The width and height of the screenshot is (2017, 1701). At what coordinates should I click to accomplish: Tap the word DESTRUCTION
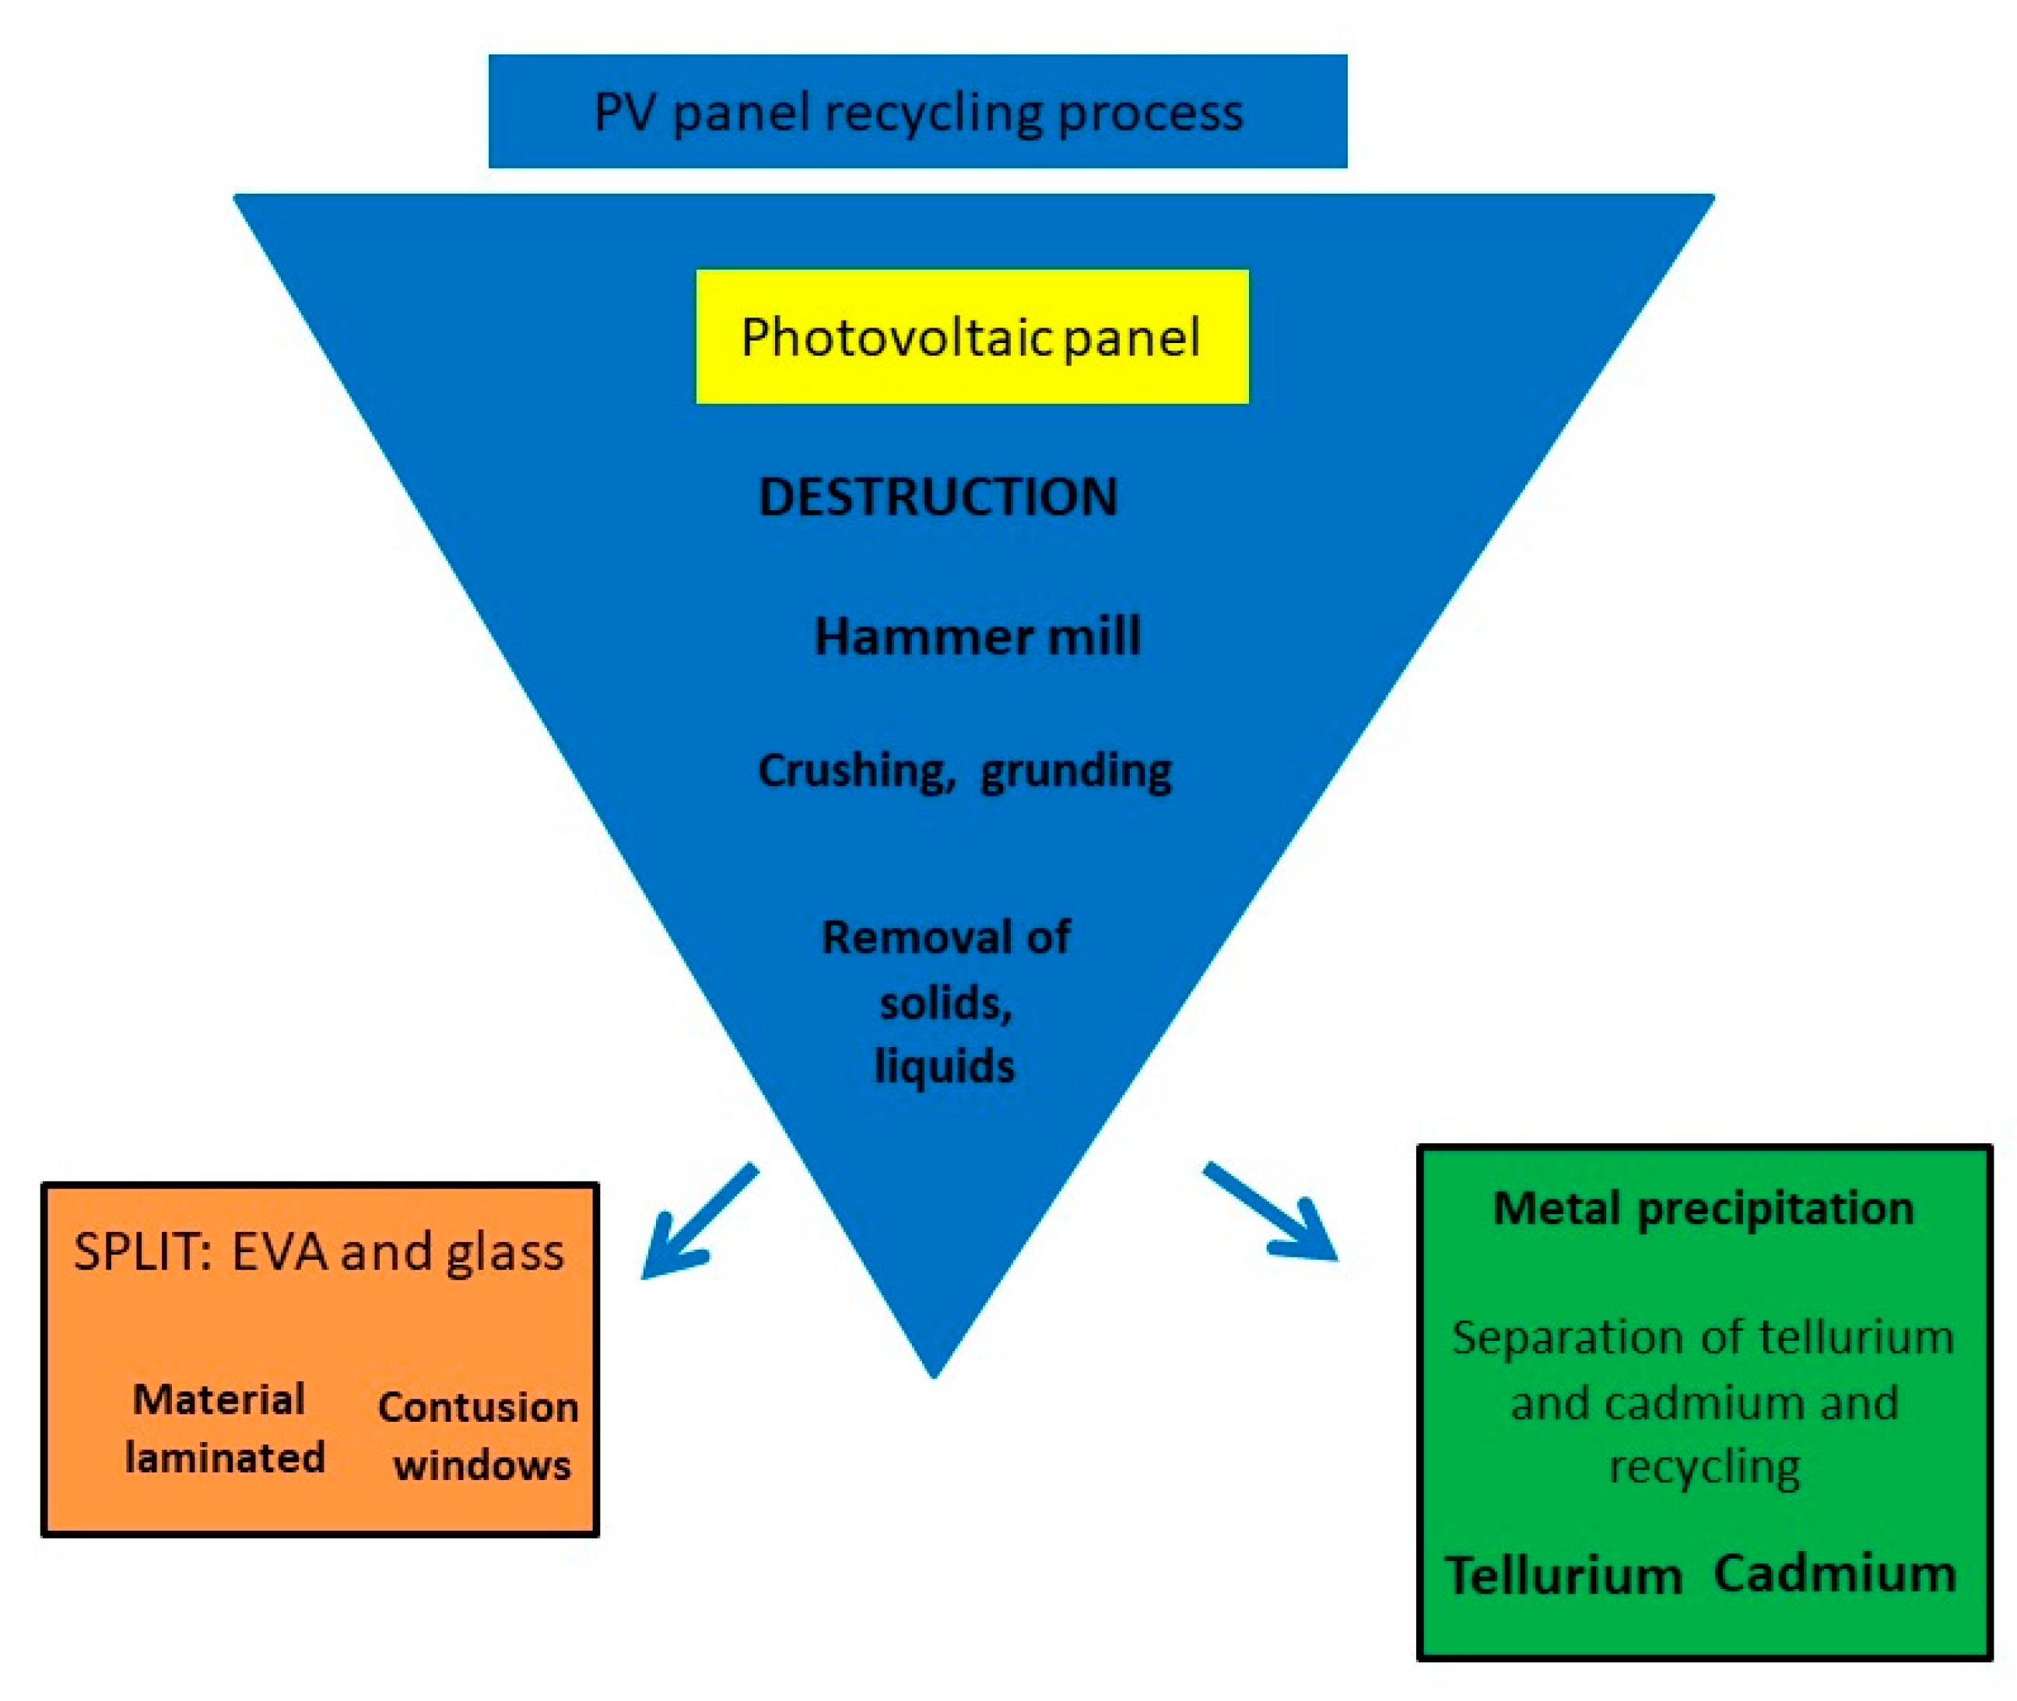(938, 498)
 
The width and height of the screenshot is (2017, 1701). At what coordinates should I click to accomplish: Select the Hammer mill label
(977, 636)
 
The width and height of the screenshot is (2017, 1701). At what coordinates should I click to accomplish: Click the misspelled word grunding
(1075, 771)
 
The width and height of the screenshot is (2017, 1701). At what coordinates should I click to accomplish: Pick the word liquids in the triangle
(945, 1066)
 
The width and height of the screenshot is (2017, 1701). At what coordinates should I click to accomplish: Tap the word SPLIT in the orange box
(142, 1251)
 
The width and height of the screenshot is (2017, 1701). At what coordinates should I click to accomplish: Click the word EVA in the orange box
(279, 1251)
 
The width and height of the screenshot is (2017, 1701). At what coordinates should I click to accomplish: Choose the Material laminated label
(224, 1428)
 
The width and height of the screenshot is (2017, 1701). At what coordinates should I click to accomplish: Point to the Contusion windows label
(479, 1436)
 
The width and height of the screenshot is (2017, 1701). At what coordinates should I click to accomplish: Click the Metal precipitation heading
(1703, 1208)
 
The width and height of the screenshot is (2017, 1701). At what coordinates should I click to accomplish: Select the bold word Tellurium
(1563, 1576)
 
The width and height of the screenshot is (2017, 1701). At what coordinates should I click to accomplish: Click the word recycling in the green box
(1703, 1468)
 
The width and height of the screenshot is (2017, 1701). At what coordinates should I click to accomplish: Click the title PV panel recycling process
(917, 112)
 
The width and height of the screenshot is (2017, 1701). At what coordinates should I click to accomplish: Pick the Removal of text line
(945, 937)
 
